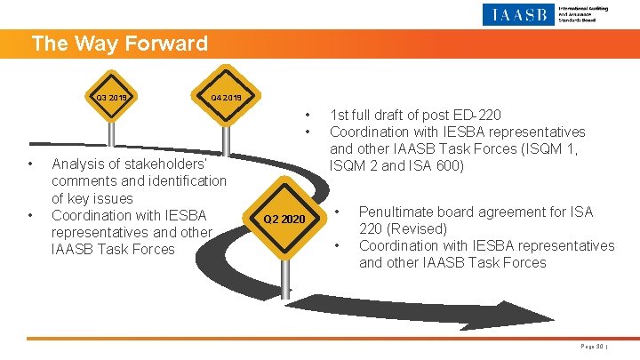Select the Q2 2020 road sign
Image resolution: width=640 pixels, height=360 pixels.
pyautogui.click(x=285, y=220)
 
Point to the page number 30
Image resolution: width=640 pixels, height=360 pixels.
pyautogui.click(x=591, y=346)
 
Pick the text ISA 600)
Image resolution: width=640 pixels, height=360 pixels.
pyautogui.click(x=436, y=165)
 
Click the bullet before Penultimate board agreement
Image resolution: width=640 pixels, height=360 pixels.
pyautogui.click(x=337, y=212)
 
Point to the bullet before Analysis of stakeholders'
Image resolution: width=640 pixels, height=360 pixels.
pyautogui.click(x=30, y=164)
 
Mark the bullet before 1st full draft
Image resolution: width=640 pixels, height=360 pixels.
pyautogui.click(x=308, y=115)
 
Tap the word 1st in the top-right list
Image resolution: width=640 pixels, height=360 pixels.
pyautogui.click(x=339, y=115)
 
